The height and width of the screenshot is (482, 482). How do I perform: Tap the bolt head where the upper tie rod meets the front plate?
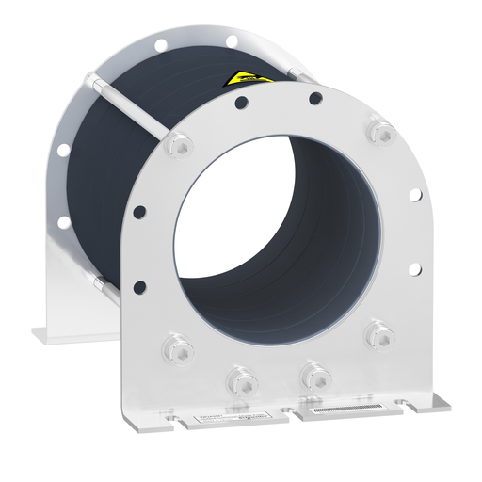(176, 146)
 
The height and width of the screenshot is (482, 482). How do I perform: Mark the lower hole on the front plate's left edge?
(140, 285)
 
